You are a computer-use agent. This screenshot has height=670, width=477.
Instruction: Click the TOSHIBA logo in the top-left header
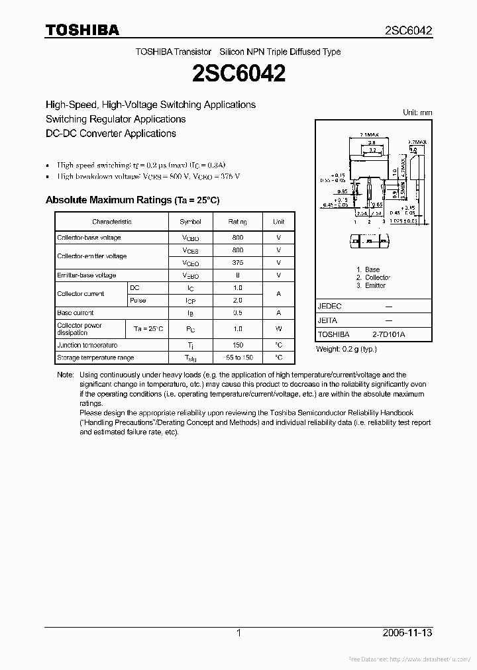(82, 30)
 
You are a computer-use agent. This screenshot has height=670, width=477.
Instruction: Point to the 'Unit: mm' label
(417, 113)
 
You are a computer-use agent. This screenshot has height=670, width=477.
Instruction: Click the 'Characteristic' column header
(112, 222)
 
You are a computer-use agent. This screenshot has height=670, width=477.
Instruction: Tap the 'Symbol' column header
(190, 222)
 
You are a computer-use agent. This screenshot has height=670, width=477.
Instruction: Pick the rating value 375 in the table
(238, 263)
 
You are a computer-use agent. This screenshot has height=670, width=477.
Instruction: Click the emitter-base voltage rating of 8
(238, 275)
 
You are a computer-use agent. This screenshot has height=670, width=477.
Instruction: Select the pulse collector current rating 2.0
(238, 301)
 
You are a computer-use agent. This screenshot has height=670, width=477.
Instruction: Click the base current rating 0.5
(238, 313)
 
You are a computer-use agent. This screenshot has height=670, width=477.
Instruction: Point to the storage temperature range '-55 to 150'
(238, 358)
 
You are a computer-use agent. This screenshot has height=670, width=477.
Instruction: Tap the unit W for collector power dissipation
(279, 329)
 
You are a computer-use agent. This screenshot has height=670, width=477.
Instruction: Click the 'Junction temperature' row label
(87, 345)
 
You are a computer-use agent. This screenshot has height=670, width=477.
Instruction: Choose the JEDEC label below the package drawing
(329, 307)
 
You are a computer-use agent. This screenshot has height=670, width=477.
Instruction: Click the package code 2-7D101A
(389, 334)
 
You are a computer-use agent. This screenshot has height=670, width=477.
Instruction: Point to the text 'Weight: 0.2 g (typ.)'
(346, 349)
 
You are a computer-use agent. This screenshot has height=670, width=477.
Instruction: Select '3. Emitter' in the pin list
(370, 285)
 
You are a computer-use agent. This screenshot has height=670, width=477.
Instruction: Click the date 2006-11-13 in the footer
(407, 633)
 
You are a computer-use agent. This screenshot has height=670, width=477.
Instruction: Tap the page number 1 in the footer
(238, 633)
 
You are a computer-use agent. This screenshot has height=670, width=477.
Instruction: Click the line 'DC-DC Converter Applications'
(111, 133)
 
